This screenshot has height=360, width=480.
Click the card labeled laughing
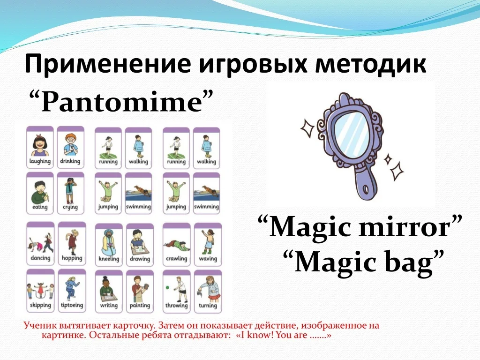pos(40,147)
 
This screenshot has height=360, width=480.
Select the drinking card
pos(70,147)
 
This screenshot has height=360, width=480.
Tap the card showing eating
pos(40,193)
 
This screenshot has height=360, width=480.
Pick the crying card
pos(70,193)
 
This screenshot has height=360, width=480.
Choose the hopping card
pos(72,244)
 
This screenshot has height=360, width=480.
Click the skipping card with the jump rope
pos(40,291)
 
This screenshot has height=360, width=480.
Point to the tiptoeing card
pos(72,291)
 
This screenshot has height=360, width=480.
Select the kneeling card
pos(109,245)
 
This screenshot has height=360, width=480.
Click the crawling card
pos(176,245)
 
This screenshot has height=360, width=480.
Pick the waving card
pos(208,245)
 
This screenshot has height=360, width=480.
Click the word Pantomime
pos(121,102)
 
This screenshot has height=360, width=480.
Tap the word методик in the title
pos(371,63)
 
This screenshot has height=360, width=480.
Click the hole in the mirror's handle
pos(366,189)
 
